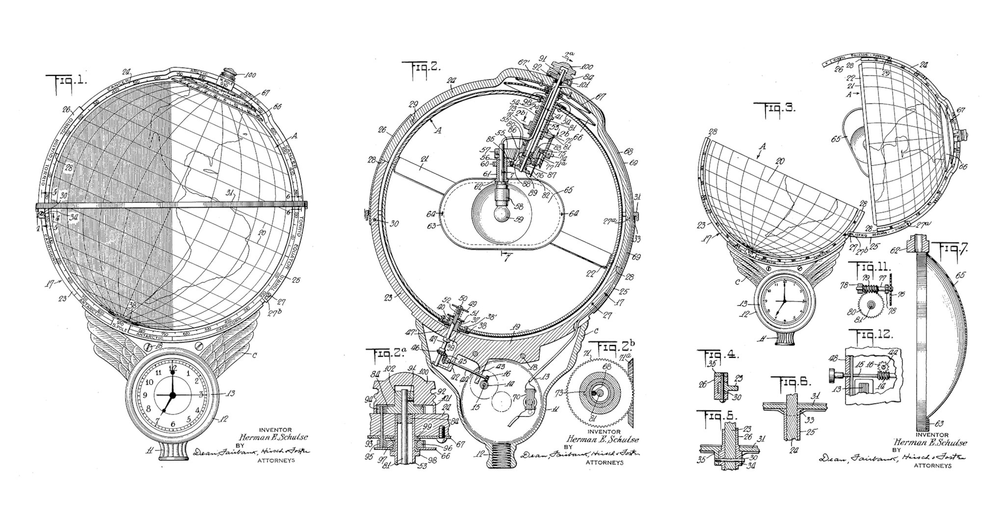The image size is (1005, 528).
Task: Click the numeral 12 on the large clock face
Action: (x=173, y=367)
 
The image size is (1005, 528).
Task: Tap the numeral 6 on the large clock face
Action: (x=173, y=424)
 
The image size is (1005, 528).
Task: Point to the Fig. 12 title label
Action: (x=871, y=335)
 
